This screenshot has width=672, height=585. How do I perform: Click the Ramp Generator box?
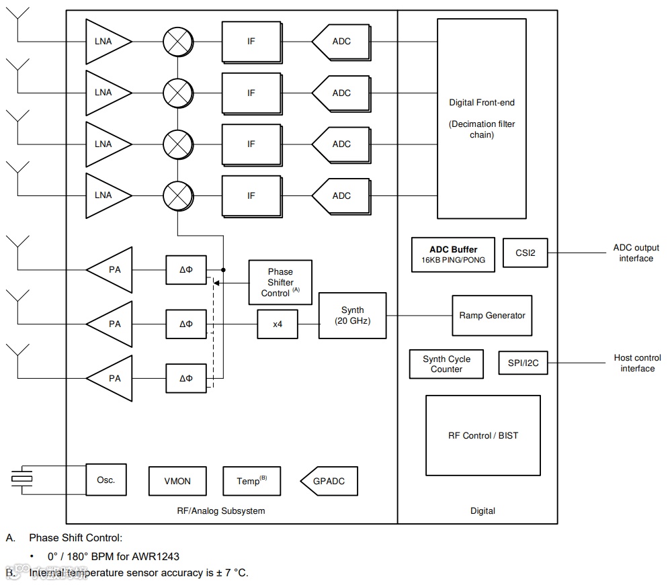point(492,316)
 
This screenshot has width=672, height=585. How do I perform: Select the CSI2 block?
point(525,253)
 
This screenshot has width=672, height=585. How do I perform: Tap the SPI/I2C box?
point(523,363)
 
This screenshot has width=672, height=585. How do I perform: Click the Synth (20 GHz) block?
point(352,316)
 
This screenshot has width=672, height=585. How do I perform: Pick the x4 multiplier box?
point(278,324)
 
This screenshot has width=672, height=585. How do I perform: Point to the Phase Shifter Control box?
point(280,282)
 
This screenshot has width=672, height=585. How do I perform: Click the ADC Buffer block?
point(453,255)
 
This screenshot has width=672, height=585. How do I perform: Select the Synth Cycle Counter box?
point(446,364)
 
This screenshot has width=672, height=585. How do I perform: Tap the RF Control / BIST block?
point(483,435)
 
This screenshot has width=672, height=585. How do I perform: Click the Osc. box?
point(106,480)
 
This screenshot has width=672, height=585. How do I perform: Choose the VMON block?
point(177,481)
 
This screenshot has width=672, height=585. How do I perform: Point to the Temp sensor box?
point(251,481)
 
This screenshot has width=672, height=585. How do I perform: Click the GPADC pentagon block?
point(329,481)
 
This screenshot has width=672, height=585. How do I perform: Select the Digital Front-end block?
point(482,119)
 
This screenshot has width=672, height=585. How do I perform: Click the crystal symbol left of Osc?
point(22,478)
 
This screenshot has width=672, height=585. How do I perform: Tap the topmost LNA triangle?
point(109,42)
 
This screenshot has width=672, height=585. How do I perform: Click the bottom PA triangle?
point(109,379)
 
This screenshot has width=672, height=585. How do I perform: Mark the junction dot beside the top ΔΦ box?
point(223,270)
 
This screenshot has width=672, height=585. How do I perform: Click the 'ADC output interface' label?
point(636,253)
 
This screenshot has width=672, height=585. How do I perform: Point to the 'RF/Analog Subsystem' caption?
point(220,510)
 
